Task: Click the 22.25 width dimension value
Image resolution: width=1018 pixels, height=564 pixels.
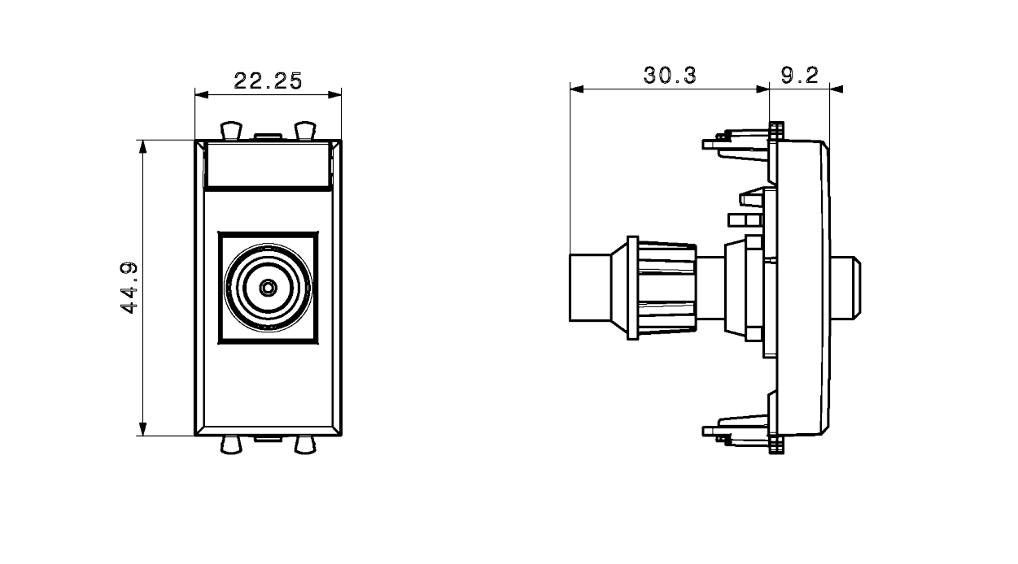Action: click(x=268, y=80)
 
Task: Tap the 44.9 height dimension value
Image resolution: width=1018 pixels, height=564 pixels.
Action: click(x=129, y=289)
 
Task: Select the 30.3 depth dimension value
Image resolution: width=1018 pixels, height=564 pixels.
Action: click(x=670, y=76)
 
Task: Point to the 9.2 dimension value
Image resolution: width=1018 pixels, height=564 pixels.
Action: click(x=798, y=76)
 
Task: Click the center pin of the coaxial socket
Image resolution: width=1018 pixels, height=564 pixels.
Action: click(x=268, y=287)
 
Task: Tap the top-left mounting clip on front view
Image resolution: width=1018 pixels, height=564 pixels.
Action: click(x=231, y=130)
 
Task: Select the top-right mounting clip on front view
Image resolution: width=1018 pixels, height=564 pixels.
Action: click(x=304, y=130)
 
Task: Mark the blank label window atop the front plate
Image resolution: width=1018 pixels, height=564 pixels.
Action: click(x=268, y=165)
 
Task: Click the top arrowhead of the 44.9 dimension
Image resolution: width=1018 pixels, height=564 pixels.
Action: click(x=143, y=146)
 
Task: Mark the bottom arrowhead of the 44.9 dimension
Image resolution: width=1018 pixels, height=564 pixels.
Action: click(x=143, y=429)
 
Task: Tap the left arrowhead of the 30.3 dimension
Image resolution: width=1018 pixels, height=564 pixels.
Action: click(x=576, y=88)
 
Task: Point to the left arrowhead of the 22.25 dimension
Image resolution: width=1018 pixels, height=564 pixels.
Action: click(x=201, y=94)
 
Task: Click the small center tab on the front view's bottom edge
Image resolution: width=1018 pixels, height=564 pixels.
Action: click(x=268, y=439)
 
